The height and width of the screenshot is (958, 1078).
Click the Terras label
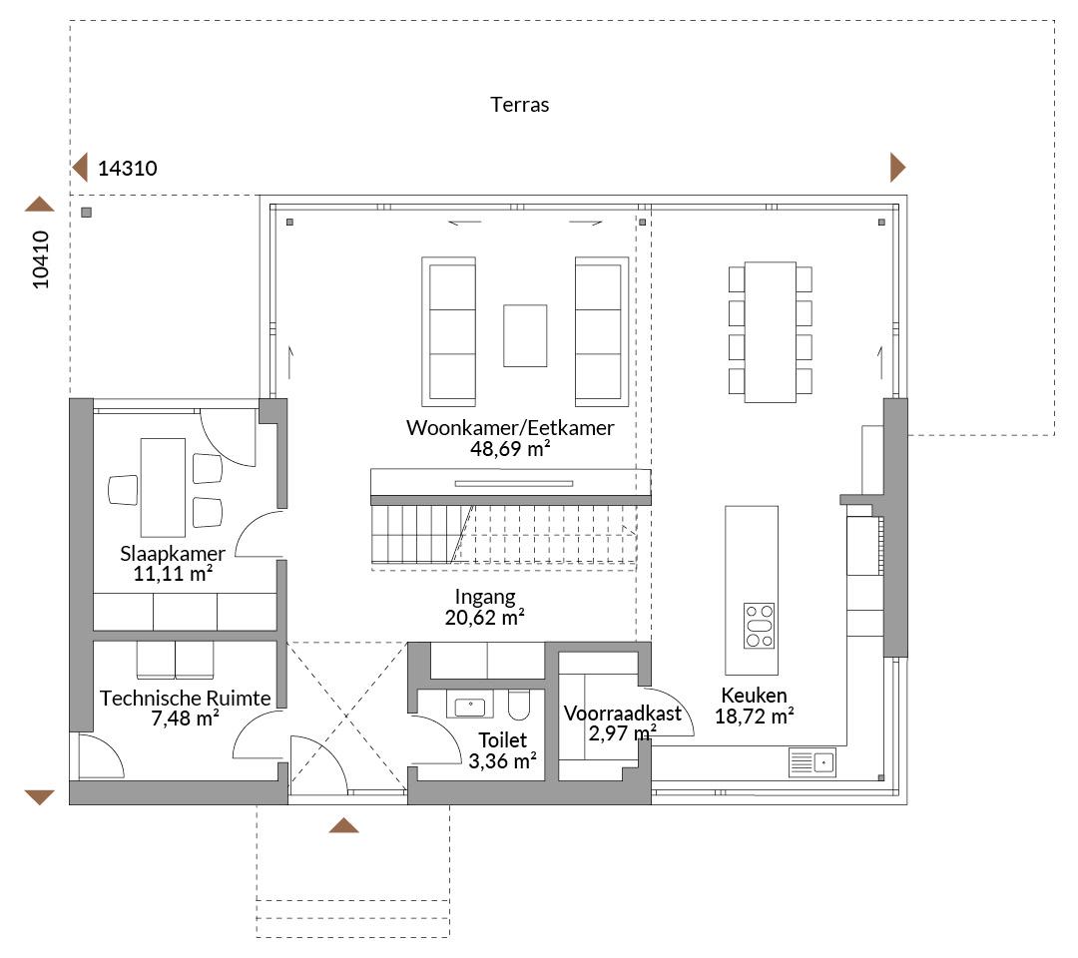coord(520,105)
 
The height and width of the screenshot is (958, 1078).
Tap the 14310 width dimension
coord(128,169)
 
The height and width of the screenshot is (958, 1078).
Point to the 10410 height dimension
coord(41,259)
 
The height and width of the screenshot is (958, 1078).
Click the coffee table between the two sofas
coord(525,336)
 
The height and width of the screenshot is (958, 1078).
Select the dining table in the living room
coord(770,332)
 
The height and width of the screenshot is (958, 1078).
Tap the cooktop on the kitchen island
coord(759,626)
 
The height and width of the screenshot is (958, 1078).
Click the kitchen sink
coord(811,762)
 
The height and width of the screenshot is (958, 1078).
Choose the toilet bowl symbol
coord(519,704)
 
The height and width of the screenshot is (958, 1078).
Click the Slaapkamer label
coord(173,553)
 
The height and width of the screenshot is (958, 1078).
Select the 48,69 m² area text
coord(510,449)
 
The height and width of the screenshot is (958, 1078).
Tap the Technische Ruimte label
coord(186,699)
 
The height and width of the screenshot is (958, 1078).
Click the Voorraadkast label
coord(623,714)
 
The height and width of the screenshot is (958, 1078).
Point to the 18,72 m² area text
coord(755,717)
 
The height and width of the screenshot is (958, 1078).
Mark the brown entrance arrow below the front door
coord(343,825)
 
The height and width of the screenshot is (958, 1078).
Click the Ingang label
coord(485,597)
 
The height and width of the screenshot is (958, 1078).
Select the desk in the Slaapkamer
coord(163,487)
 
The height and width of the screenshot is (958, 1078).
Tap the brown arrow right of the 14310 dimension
coord(898,167)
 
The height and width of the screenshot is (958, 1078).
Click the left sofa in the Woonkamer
coord(448,332)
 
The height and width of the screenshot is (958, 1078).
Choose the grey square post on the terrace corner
coord(86,213)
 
